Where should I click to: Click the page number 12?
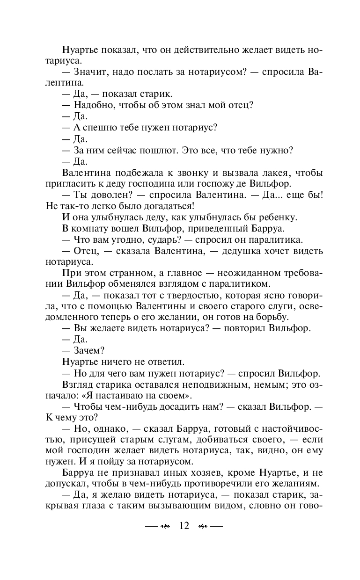coord(184,526)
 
